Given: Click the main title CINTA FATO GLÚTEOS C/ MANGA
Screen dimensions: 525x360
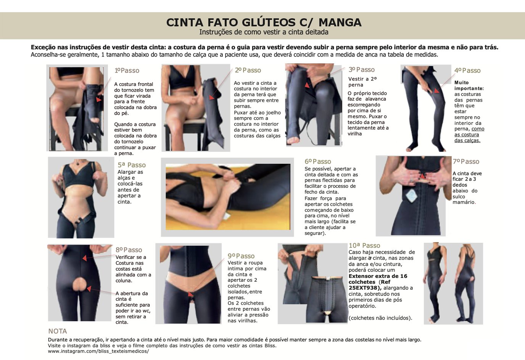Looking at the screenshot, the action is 264,23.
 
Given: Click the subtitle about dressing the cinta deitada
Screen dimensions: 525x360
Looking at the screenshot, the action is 264,32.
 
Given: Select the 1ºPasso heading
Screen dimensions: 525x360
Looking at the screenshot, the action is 127,70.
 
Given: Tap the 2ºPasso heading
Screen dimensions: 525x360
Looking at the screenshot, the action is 248,70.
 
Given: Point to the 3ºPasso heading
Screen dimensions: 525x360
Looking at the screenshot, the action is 361,69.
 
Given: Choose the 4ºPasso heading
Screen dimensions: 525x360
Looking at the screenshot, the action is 467,70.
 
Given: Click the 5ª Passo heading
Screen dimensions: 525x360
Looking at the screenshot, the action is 132,165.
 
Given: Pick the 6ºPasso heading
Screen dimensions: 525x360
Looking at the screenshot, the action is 318,161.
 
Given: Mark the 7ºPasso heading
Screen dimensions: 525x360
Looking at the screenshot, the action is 466,161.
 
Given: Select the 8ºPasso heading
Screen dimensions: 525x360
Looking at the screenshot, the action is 129,250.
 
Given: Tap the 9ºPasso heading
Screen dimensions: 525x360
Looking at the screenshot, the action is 241,256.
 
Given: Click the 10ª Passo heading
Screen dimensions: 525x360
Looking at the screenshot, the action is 364,245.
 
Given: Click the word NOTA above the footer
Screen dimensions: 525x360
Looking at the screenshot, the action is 58,331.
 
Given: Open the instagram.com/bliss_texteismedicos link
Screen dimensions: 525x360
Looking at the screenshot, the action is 98,351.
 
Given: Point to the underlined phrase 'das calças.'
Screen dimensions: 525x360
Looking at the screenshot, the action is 467,140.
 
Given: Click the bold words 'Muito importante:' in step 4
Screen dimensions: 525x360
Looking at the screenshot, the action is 469,86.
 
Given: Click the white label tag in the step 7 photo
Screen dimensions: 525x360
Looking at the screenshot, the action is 411,196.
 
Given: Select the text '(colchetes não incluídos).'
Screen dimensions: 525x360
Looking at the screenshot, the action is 380,318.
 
